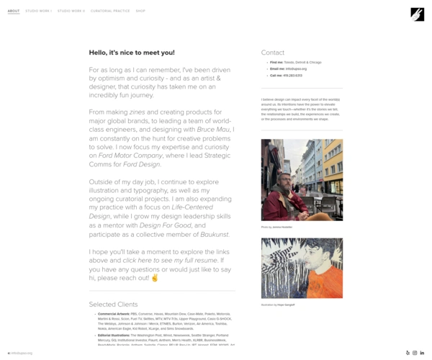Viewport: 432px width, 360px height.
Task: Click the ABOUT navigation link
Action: pos(14,11)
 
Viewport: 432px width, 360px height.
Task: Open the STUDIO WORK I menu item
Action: pos(38,11)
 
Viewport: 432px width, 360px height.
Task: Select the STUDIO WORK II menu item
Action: pos(71,11)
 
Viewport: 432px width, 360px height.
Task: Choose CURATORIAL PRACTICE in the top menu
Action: pos(110,11)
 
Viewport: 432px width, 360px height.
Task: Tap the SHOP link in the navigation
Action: pos(140,11)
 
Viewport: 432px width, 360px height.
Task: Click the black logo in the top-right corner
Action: pos(417,14)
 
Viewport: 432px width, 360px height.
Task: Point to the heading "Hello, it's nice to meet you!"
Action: pos(132,53)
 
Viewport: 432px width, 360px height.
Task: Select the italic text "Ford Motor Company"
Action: pos(130,155)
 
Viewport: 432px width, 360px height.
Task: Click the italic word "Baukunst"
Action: pos(213,234)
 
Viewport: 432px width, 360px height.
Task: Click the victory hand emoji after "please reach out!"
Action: pos(154,277)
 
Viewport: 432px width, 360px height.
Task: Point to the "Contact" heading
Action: pos(273,53)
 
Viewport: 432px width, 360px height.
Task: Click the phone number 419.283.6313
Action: pos(292,75)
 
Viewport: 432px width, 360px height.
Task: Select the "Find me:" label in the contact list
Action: pos(277,62)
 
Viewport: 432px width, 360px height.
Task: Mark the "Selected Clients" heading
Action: pos(113,305)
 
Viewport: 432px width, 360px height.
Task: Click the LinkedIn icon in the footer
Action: pos(422,353)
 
